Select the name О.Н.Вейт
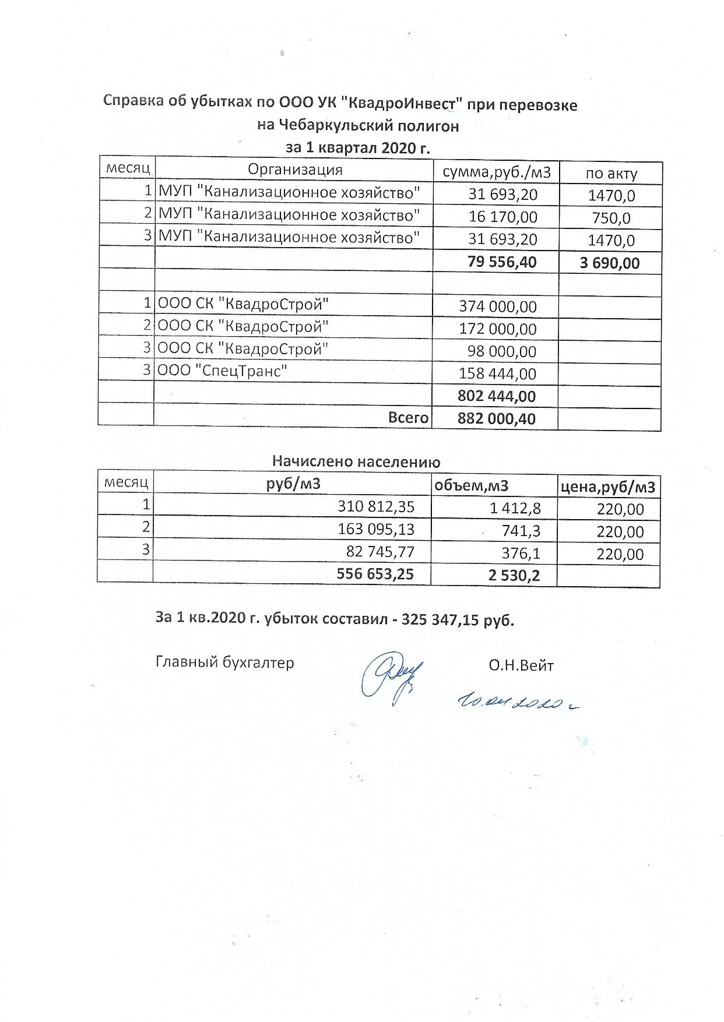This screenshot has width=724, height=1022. [521, 665]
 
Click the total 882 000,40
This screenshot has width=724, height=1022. [497, 418]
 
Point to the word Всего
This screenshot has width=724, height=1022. [409, 417]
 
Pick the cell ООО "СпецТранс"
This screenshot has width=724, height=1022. [223, 371]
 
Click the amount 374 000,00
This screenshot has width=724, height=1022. [498, 306]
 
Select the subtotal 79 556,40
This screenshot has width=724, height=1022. [502, 262]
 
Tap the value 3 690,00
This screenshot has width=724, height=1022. [610, 263]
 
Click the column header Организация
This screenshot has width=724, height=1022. [295, 170]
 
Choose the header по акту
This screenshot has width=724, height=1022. [611, 173]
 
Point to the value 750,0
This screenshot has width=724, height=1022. [611, 218]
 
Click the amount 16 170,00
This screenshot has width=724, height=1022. [503, 217]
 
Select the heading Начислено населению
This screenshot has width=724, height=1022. [356, 461]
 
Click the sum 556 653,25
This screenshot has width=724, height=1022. [375, 574]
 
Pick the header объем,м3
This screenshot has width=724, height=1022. [472, 485]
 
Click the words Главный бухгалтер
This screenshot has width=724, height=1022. [225, 662]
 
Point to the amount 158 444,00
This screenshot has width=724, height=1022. [498, 373]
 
